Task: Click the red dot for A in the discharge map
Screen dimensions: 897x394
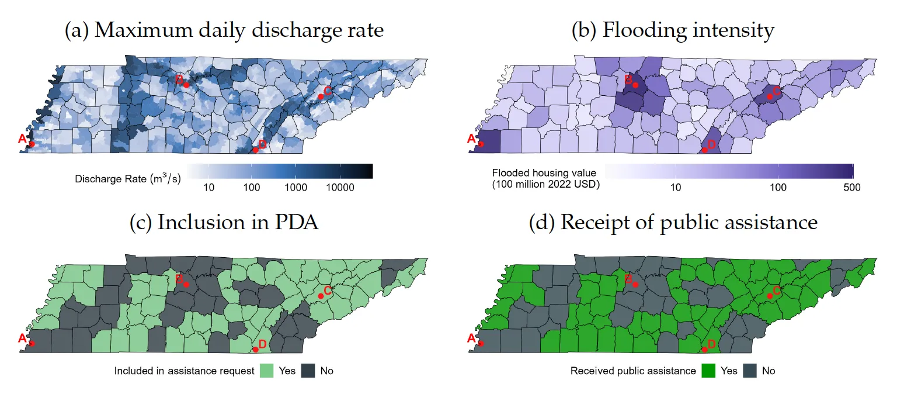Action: [x=32, y=144]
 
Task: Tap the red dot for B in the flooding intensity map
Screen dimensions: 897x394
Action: [x=635, y=85]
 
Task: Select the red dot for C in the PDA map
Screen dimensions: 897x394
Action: [x=321, y=296]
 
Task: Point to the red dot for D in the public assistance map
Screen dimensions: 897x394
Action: [x=705, y=350]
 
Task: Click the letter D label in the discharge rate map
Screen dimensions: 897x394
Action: [x=263, y=144]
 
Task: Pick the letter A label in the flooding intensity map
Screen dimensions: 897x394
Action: [x=472, y=139]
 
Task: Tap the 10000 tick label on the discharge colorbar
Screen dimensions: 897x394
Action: [x=340, y=188]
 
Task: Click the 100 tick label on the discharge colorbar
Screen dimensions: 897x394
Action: [x=252, y=188]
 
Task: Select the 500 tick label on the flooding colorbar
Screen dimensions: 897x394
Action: [x=852, y=188]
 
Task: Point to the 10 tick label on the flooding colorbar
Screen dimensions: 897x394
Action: [x=676, y=188]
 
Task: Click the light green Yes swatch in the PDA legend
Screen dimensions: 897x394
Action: [x=267, y=371]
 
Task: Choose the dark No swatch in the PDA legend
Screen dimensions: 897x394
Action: [x=308, y=371]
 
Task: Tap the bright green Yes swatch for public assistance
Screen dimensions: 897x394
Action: [x=708, y=371]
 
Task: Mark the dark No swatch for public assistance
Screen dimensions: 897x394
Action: [x=750, y=371]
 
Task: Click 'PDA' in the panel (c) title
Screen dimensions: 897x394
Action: [x=296, y=223]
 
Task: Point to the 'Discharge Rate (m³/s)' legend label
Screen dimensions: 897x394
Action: [x=128, y=179]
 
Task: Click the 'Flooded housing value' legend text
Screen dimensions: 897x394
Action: [x=544, y=173]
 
